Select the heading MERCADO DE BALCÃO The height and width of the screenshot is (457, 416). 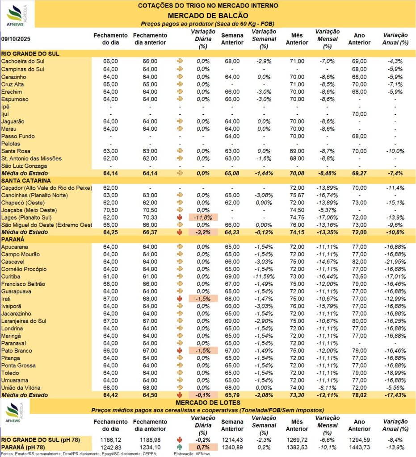click(x=208, y=15)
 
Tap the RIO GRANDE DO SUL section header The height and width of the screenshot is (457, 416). click(x=31, y=54)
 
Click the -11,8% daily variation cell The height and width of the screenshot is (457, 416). click(x=203, y=217)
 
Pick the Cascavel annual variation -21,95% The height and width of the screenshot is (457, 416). click(x=395, y=262)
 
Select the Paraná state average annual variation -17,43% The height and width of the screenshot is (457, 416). click(x=395, y=396)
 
